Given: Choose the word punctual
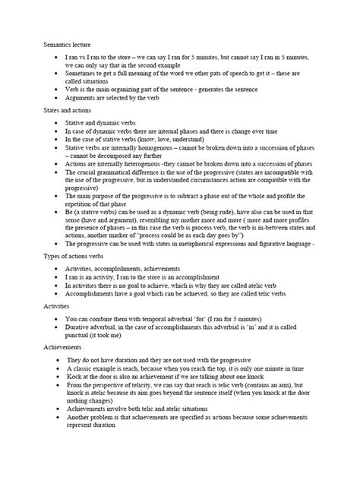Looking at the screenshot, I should [x=83, y=331].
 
